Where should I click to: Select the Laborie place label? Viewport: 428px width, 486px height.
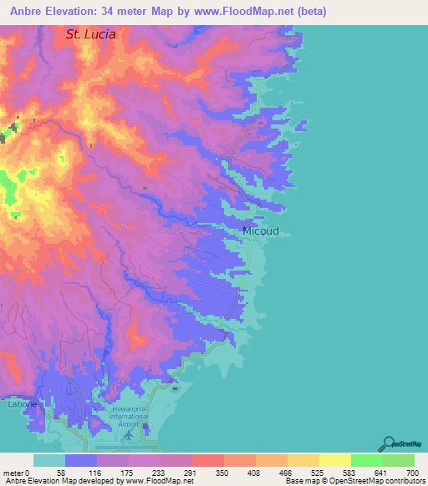pos(22,404)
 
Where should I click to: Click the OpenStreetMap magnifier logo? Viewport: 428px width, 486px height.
pos(389,443)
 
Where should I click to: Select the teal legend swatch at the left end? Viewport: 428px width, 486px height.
pos(49,460)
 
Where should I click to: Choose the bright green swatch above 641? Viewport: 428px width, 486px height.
pos(366,460)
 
